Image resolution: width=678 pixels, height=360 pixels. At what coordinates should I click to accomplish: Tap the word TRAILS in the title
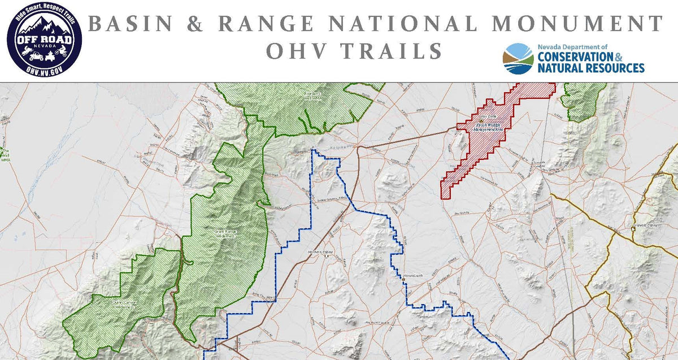390,51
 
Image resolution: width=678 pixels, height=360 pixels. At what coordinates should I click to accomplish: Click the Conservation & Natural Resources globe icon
518,59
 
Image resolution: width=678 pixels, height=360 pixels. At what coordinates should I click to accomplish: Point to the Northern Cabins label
318,251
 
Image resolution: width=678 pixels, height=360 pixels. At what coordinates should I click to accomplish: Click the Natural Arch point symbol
404,279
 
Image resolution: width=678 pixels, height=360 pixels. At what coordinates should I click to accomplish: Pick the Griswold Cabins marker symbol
633,229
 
